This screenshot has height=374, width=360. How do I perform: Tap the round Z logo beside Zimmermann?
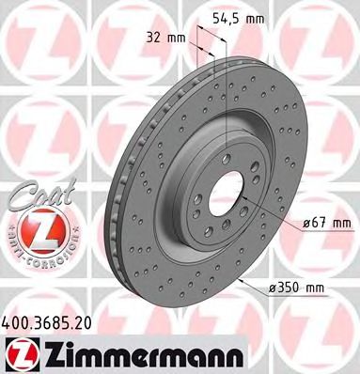[x=22, y=352]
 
